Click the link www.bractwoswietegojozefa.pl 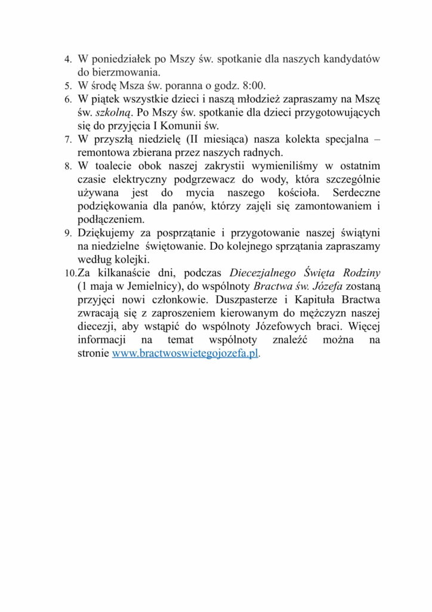pyautogui.click(x=185, y=353)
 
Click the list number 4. pyautogui.click(x=67, y=60)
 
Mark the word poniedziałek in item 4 pyautogui.click(x=119, y=59)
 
